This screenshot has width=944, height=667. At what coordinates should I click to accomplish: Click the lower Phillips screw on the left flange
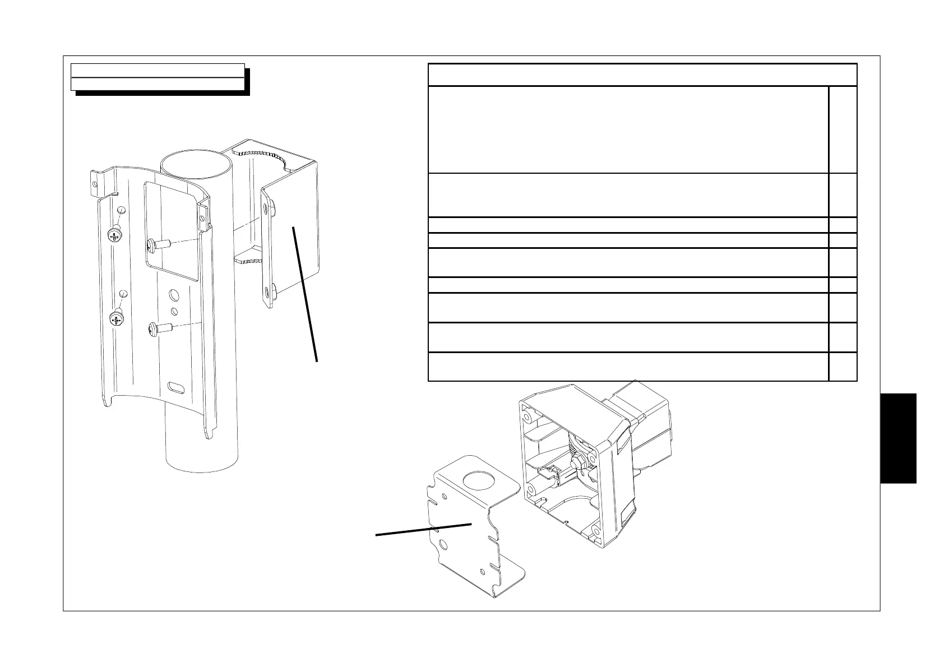pyautogui.click(x=117, y=320)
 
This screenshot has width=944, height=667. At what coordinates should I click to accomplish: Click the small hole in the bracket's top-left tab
pyautogui.click(x=95, y=181)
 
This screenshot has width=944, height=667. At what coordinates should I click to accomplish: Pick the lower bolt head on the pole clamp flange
pyautogui.click(x=272, y=290)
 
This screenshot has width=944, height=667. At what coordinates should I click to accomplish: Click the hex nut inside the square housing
pyautogui.click(x=578, y=461)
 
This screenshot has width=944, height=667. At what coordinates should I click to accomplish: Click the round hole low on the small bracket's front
pyautogui.click(x=443, y=544)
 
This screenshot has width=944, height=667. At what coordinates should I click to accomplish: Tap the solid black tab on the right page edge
pyautogui.click(x=898, y=438)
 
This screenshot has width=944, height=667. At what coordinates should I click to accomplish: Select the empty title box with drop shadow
pyautogui.click(x=158, y=77)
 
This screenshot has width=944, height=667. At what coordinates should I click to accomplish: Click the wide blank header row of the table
pyautogui.click(x=642, y=75)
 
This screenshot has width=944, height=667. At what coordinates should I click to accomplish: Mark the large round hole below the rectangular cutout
pyautogui.click(x=173, y=295)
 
